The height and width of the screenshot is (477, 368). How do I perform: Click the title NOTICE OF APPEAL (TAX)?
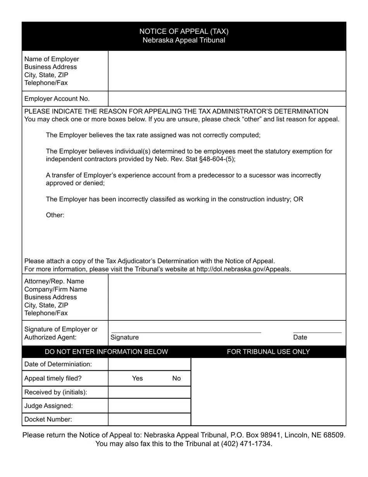(x=184, y=31)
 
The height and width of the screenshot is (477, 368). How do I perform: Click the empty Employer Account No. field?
(x=227, y=99)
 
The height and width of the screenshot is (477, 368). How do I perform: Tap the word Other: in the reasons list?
(x=55, y=215)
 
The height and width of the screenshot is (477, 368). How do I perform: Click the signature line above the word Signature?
(x=186, y=332)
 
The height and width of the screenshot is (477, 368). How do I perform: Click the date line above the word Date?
(x=317, y=332)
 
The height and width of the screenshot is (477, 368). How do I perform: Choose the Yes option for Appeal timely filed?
(x=138, y=378)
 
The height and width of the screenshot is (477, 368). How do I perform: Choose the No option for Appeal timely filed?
(x=176, y=378)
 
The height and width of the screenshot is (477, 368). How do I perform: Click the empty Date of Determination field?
(x=150, y=364)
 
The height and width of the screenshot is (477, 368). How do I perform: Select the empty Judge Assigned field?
(x=150, y=406)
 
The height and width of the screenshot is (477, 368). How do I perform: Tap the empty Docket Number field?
(x=150, y=419)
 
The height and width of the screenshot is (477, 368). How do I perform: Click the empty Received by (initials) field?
(x=150, y=392)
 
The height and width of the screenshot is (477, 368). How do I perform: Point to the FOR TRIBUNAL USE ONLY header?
(x=268, y=352)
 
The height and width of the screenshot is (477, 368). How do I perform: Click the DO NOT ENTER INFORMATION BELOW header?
(x=107, y=352)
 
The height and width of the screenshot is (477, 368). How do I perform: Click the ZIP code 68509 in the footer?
(x=335, y=435)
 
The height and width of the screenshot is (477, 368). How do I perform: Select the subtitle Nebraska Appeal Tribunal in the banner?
(x=184, y=40)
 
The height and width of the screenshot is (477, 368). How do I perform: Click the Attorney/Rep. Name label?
(x=54, y=281)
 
